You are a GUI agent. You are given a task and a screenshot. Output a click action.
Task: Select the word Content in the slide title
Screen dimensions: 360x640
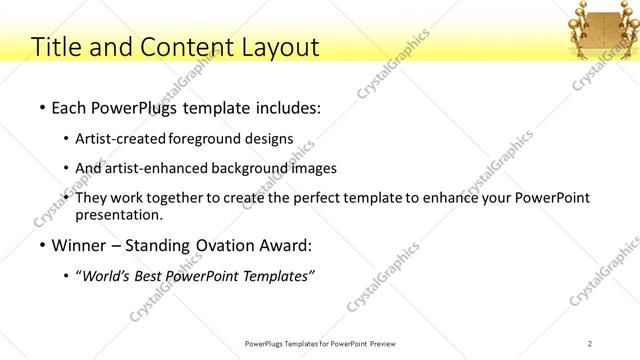[178, 46]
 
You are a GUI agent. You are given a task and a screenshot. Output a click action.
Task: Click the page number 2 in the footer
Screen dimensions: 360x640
[590, 343]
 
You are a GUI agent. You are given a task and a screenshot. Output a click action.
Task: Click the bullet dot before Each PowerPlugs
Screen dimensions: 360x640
[41, 106]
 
